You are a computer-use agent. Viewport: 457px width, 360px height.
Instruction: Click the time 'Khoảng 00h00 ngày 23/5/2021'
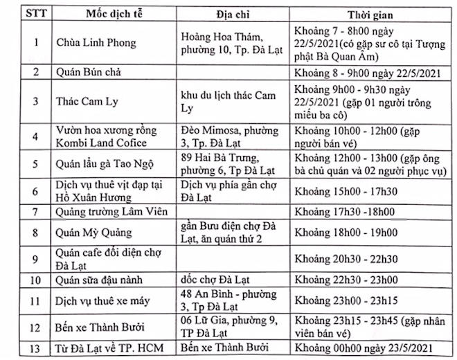364,348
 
